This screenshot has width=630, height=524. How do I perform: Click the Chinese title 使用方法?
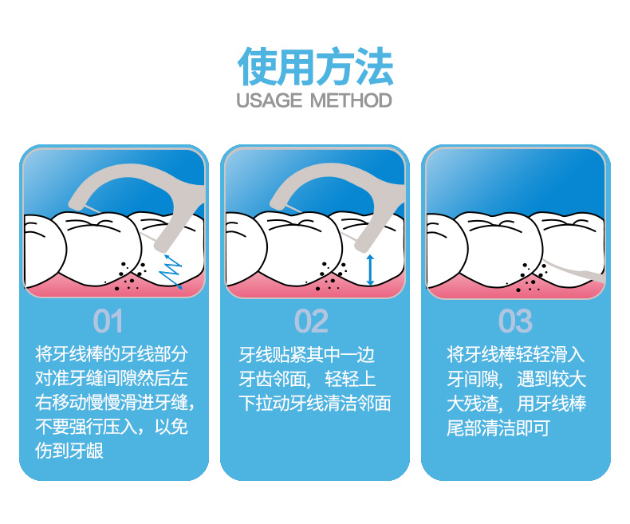pos(316,67)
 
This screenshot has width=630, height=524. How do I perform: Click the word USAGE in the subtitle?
pos(269,100)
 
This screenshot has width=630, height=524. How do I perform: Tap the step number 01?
pos(108,321)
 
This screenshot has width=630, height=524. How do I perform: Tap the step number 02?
pos(311,321)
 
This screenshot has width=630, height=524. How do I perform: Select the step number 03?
pos(515,321)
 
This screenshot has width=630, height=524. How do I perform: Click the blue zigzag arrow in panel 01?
pos(171,271)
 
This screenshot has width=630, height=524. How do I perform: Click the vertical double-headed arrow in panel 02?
pos(371,270)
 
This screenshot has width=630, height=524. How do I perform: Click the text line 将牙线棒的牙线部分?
pos(112,354)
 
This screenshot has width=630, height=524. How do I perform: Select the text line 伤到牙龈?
pos(69,451)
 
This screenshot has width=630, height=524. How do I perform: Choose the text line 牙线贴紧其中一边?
pos(306,355)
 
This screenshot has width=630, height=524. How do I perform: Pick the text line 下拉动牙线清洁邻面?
pos(314,403)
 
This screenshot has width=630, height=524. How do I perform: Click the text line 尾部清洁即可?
pos(498,428)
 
